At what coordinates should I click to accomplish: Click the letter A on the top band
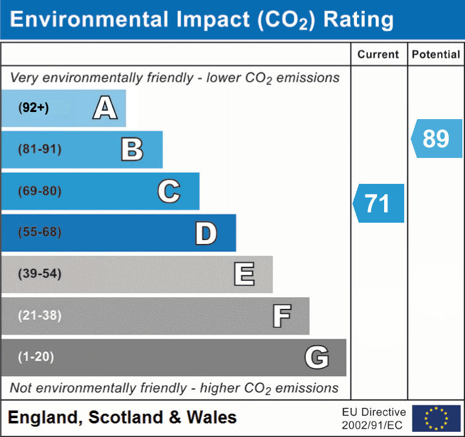click(105, 108)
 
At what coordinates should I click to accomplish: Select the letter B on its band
click(132, 150)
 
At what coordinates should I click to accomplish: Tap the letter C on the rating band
click(169, 191)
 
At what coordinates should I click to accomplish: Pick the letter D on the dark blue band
click(206, 233)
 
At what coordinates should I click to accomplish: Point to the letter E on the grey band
click(244, 274)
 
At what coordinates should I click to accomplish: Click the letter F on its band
click(281, 316)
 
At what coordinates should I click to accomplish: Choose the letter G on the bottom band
click(317, 357)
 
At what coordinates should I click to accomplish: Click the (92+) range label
click(34, 108)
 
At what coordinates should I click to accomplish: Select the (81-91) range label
click(40, 150)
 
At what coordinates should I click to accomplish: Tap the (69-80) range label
click(40, 191)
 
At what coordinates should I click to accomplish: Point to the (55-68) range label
click(40, 232)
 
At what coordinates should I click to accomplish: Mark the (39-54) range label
click(40, 274)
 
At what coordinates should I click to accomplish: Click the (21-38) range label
click(40, 316)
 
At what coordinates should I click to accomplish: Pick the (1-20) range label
click(36, 357)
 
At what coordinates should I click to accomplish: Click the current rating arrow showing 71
click(378, 203)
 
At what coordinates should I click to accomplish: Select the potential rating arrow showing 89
click(437, 139)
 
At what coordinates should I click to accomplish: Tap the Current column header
click(378, 55)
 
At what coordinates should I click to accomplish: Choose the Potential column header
click(436, 55)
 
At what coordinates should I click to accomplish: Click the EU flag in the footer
click(436, 418)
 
